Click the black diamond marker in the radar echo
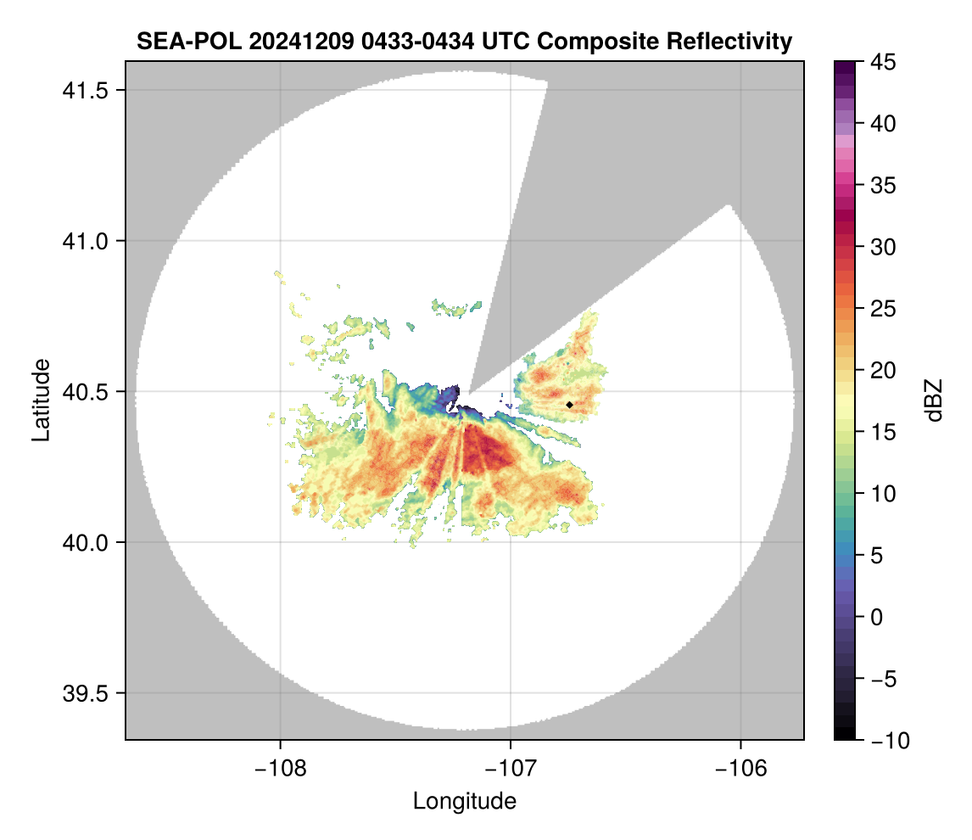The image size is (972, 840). [569, 405]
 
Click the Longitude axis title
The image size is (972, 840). [465, 801]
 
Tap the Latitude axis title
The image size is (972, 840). [41, 400]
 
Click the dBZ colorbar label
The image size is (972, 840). [935, 400]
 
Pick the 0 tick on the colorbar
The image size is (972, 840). [877, 617]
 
